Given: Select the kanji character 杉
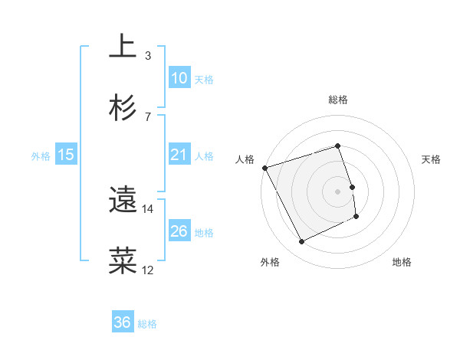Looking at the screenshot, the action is (x=123, y=107).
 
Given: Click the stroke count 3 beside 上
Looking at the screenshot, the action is (x=148, y=55).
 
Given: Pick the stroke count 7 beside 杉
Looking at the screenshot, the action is (x=148, y=116).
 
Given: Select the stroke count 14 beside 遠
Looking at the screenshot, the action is (x=148, y=208).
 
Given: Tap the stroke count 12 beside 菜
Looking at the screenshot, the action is (x=148, y=270).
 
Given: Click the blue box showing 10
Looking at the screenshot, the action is (x=179, y=78).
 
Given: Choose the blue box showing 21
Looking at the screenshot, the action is (x=179, y=155).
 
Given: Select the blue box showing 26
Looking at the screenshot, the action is (x=179, y=231).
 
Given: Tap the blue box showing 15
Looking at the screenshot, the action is (x=66, y=155).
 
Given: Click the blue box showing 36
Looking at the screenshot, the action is (x=123, y=322).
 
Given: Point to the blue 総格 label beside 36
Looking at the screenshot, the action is (x=147, y=324).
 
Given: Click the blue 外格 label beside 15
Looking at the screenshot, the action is (x=41, y=155).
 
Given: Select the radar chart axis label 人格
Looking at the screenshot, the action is (x=245, y=159).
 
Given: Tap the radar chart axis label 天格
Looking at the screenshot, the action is (x=432, y=159).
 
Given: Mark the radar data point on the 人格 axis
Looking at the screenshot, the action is (x=264, y=168).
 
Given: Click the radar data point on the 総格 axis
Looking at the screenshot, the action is (x=337, y=146).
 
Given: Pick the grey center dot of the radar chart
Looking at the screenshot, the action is (x=337, y=191).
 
